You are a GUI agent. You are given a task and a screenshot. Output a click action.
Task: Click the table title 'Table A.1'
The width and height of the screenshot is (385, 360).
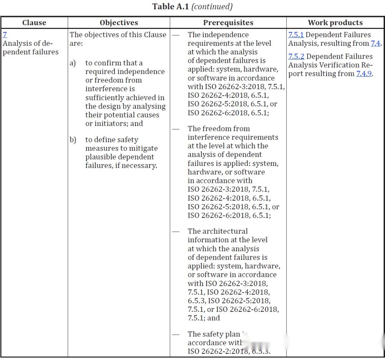click(170, 6)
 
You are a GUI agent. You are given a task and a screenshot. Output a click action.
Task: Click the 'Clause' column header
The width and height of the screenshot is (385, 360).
click(34, 22)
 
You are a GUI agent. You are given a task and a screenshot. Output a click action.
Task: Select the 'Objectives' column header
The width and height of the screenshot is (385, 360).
click(119, 22)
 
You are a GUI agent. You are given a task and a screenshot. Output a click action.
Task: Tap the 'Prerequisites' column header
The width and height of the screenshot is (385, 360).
click(228, 22)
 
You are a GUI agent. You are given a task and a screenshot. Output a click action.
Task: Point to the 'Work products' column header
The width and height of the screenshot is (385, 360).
click(335, 22)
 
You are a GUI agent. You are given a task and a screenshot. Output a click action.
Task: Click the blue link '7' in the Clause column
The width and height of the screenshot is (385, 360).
click(4, 35)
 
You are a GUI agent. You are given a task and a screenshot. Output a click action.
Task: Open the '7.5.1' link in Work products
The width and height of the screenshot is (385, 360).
click(296, 35)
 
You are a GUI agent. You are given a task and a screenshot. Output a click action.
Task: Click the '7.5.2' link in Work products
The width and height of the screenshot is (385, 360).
click(296, 56)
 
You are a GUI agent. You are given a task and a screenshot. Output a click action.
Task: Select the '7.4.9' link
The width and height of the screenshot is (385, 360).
click(364, 74)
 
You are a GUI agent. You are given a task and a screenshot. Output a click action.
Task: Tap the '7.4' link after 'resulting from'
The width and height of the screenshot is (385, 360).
click(375, 44)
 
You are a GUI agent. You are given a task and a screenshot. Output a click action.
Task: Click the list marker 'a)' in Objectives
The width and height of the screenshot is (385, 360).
click(73, 63)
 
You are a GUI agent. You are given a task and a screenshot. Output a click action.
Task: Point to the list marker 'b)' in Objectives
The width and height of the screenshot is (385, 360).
click(73, 140)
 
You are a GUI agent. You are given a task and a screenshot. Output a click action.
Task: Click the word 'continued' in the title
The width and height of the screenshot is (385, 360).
click(212, 6)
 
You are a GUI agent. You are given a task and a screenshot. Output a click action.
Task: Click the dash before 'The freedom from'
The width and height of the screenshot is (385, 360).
click(176, 129)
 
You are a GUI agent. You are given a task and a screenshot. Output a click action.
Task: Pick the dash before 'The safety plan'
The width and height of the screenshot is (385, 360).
click(176, 335)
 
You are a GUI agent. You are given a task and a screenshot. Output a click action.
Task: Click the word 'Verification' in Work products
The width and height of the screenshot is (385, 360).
click(342, 65)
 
